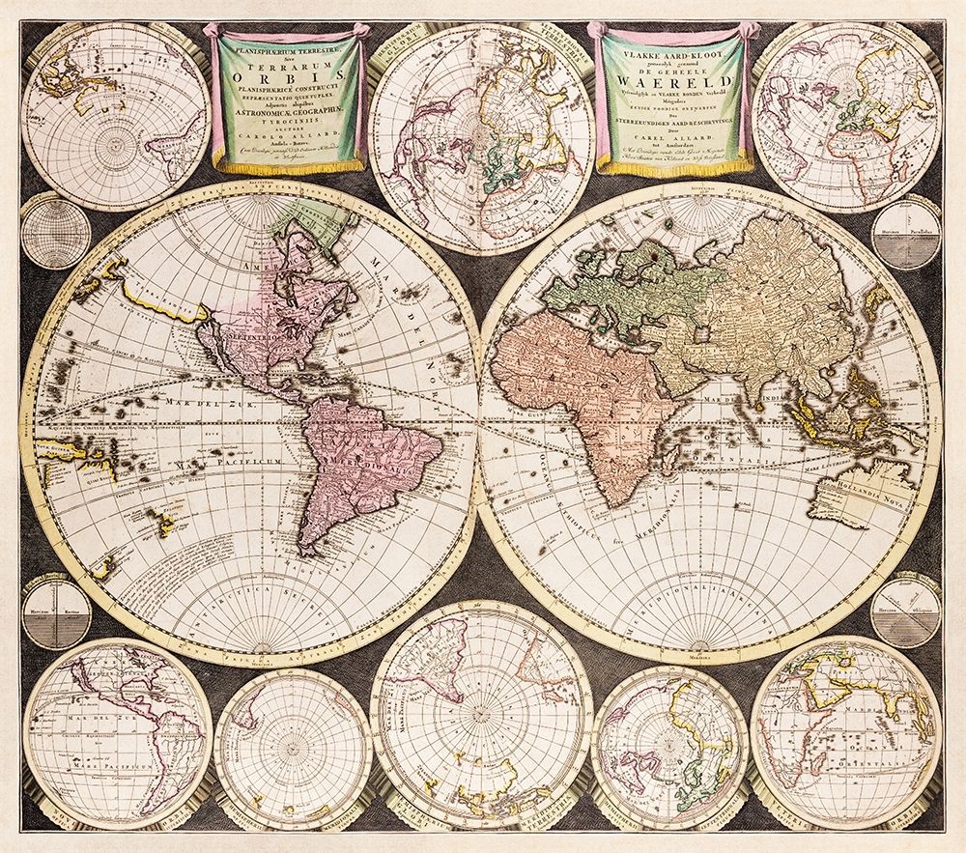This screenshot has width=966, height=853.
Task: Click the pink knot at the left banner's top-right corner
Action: point(358,33)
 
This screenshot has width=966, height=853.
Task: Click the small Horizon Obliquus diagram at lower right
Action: point(905,611)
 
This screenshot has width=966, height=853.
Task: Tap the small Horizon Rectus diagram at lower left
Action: point(56,611)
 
